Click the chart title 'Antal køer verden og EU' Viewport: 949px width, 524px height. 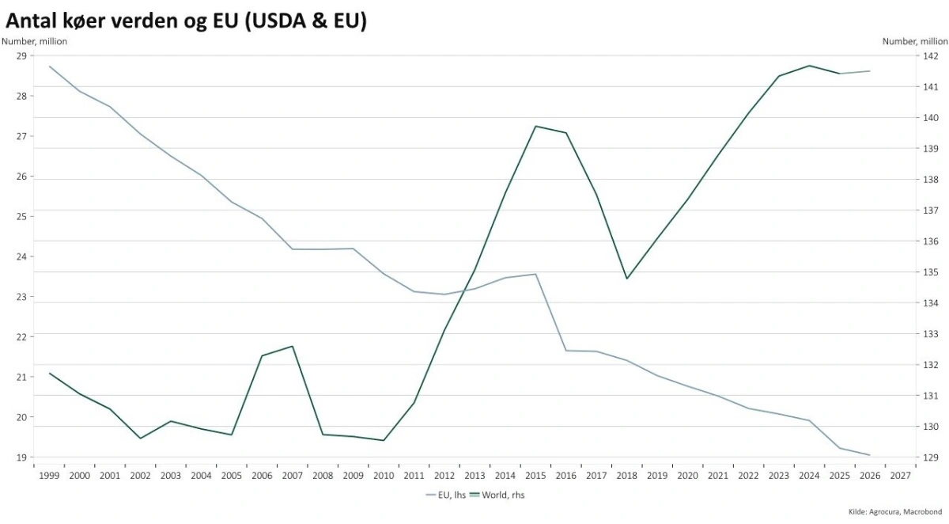coord(187,21)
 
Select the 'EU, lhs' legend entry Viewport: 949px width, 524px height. coord(446,495)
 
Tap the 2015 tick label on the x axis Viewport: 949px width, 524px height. coord(535,475)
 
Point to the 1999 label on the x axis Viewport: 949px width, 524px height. coord(49,475)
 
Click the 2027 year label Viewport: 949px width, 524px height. coord(900,475)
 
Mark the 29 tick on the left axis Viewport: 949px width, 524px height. coord(21,55)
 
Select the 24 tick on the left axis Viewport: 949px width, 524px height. coord(21,256)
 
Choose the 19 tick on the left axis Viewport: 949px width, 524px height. coord(21,458)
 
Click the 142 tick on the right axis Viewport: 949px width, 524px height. coord(932,55)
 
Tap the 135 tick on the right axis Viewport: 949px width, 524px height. coord(932,272)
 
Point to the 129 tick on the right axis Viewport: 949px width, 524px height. coord(932,458)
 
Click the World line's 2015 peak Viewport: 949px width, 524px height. coord(535,126)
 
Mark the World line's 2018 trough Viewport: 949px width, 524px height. coord(626,279)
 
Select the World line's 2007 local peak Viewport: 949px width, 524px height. coord(293,346)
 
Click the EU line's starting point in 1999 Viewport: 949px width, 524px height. coord(50,66)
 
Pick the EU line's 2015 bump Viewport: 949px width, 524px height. coord(535,274)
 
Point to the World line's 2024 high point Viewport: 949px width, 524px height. coord(809,66)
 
